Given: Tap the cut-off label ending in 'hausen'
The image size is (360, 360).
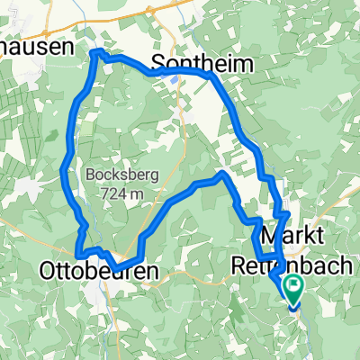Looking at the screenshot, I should [x=36, y=49].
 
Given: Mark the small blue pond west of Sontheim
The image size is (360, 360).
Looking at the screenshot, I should [x=171, y=76].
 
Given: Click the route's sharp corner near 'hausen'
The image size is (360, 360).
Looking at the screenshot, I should [x=95, y=53].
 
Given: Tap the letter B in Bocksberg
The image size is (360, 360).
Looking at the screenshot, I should [x=90, y=175].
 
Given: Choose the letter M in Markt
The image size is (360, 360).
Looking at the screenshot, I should [x=271, y=237].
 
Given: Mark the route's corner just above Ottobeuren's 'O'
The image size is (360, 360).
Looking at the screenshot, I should [x=77, y=254].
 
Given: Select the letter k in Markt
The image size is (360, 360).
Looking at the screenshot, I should [x=313, y=237].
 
